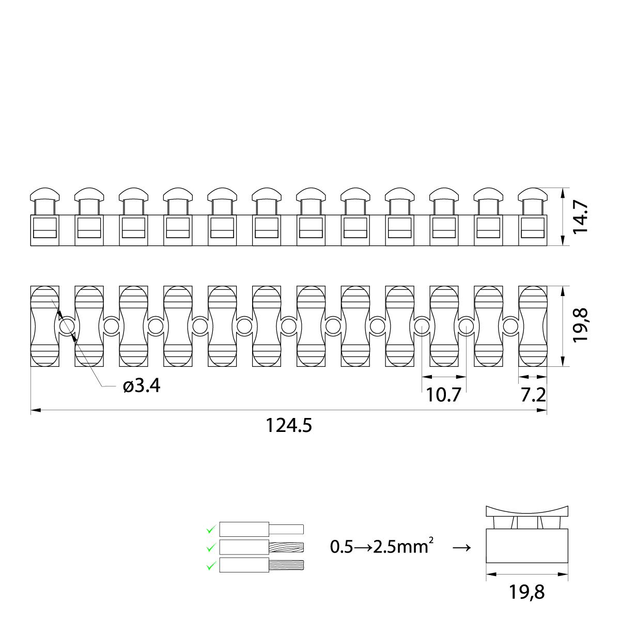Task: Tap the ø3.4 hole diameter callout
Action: pyautogui.click(x=142, y=385)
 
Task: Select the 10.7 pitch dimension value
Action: pyautogui.click(x=443, y=395)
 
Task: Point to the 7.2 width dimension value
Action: pyautogui.click(x=533, y=395)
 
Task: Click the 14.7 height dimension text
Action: pyautogui.click(x=581, y=216)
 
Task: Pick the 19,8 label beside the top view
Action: pyautogui.click(x=581, y=326)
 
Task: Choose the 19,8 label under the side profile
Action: pyautogui.click(x=526, y=592)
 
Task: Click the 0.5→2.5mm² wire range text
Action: pyautogui.click(x=381, y=546)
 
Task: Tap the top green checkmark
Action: pyautogui.click(x=210, y=529)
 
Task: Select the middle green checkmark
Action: pyautogui.click(x=210, y=547)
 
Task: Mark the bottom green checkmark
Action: pyautogui.click(x=210, y=566)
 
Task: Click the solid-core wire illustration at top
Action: pyautogui.click(x=261, y=529)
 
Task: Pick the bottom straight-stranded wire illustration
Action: pyautogui.click(x=261, y=565)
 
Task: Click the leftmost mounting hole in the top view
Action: pyautogui.click(x=66, y=326)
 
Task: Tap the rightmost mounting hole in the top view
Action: pyautogui.click(x=510, y=326)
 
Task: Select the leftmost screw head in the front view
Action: pyautogui.click(x=44, y=195)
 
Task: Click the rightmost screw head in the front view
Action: pyautogui.click(x=533, y=195)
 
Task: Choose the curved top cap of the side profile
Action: pyautogui.click(x=527, y=510)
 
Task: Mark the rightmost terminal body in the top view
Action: pyautogui.click(x=533, y=326)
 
